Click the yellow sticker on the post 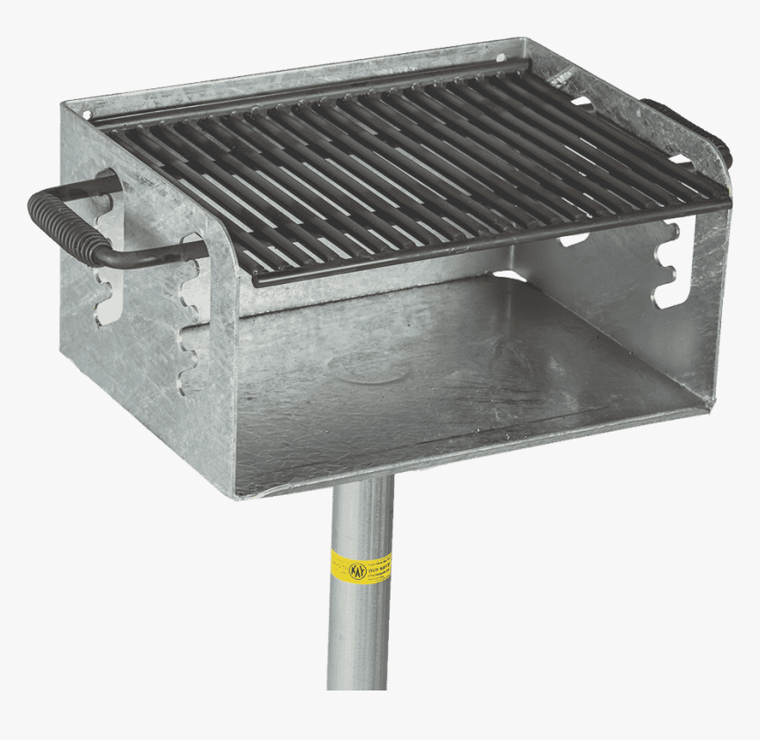(361, 565)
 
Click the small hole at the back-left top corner (86, 114)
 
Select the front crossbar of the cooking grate (486, 242)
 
